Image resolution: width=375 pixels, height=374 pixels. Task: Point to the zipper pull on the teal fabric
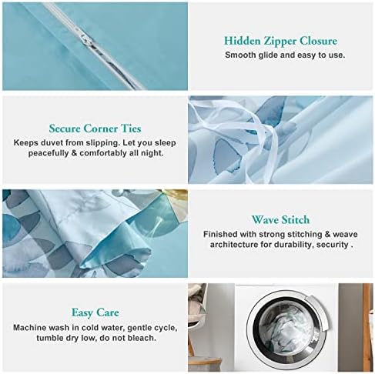point(85,38)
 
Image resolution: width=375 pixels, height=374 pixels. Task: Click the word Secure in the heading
point(65,129)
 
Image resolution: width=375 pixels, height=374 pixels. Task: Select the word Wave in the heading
point(265,220)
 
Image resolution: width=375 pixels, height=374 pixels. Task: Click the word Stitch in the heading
point(296,220)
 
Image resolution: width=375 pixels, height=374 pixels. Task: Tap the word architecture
point(234,245)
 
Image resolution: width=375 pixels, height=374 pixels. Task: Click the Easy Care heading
point(95,312)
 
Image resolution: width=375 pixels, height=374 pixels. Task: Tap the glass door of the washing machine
point(286,326)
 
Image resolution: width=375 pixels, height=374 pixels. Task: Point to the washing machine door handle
point(321,312)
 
